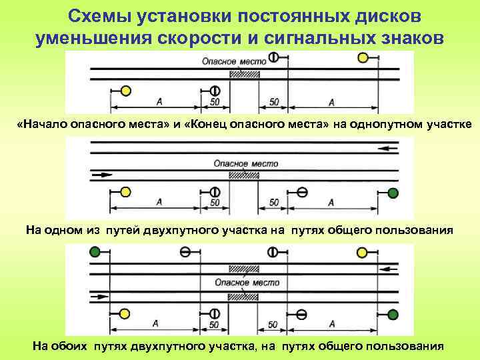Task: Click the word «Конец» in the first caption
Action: click(204, 125)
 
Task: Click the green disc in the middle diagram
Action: click(393, 193)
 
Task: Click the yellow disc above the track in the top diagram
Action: click(363, 58)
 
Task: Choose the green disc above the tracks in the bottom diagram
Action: click(96, 252)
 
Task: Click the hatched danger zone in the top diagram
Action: click(244, 75)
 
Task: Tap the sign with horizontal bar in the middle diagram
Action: click(302, 193)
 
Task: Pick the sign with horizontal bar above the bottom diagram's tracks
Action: click(185, 252)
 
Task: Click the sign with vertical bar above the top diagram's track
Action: click(273, 57)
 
